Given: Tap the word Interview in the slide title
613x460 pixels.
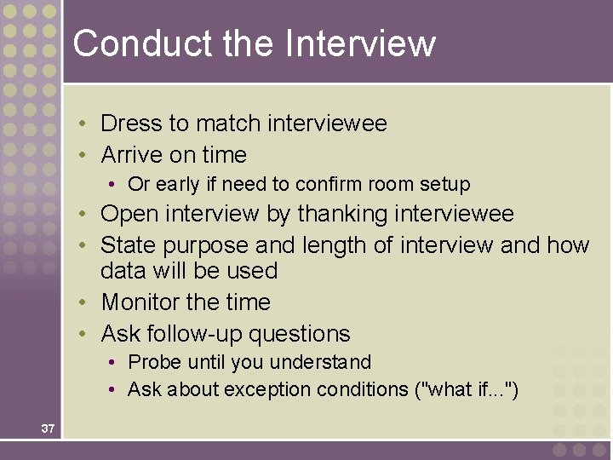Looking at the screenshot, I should [x=361, y=43].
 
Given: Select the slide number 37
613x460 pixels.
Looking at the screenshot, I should [x=48, y=428].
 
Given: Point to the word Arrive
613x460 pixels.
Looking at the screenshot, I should [x=132, y=155].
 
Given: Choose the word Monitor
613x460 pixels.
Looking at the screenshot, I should [x=140, y=302].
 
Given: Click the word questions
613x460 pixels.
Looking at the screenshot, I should [x=302, y=334].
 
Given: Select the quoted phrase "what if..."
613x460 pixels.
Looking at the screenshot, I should [x=463, y=389].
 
